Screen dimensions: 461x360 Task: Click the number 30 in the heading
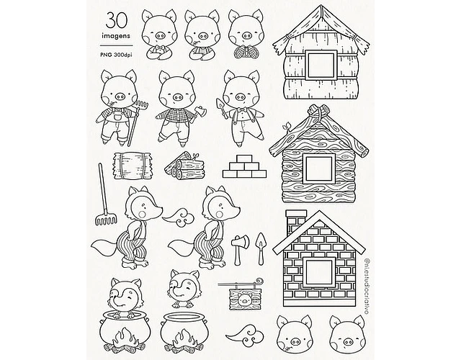point(117,21)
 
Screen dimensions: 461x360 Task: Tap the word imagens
point(116,36)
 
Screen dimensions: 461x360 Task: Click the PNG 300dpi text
point(116,55)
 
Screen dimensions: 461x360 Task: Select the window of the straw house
point(321,65)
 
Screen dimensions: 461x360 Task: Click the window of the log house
point(320,168)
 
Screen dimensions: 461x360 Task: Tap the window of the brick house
point(320,272)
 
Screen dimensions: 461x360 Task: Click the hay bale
point(132,166)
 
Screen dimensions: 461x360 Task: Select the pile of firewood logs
point(184,166)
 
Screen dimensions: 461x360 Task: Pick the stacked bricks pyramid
point(244,166)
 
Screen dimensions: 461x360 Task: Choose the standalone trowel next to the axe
point(261,248)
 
